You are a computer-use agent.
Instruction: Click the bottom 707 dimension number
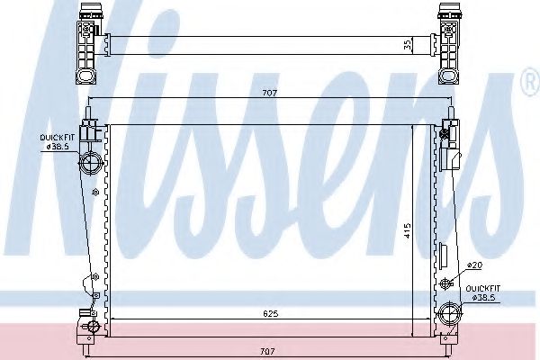click(x=266, y=350)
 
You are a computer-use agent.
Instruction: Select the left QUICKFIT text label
click(x=57, y=136)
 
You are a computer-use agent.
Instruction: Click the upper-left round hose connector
click(x=91, y=164)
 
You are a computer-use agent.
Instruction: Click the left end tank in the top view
click(x=90, y=41)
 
